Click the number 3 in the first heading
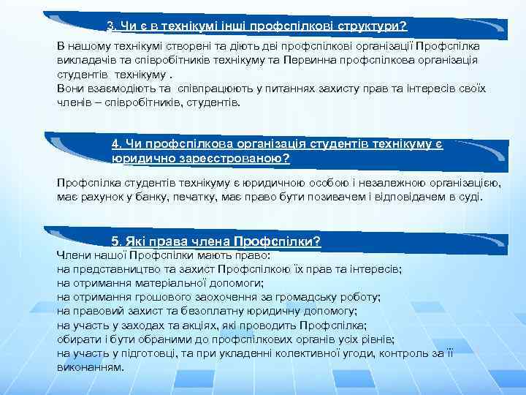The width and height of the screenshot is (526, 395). click(x=110, y=27)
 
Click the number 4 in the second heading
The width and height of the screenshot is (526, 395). click(x=115, y=143)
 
